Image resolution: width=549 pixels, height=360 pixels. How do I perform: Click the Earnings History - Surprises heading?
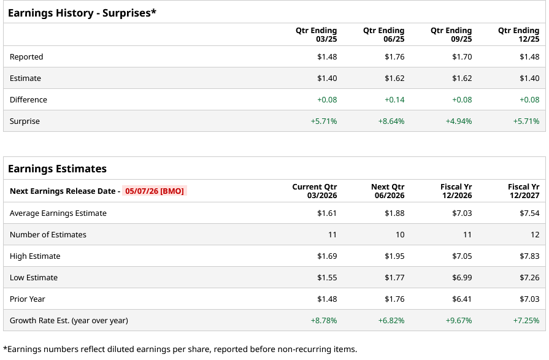click(82, 12)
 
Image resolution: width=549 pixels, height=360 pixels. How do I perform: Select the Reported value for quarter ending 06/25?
click(394, 57)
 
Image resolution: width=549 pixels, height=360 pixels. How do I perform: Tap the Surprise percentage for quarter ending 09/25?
click(459, 121)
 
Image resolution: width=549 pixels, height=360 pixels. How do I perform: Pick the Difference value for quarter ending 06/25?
click(394, 100)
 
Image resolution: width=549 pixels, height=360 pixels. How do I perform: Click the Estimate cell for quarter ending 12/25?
click(529, 79)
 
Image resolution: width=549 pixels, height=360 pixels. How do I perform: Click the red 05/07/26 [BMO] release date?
click(154, 191)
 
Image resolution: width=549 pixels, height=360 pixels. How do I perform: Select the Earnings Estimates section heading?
click(57, 169)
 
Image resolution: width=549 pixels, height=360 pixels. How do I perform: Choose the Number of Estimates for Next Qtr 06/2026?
click(399, 235)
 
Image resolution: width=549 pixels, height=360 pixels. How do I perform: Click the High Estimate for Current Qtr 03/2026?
click(327, 256)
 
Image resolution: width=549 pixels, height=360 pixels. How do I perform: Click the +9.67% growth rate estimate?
click(459, 321)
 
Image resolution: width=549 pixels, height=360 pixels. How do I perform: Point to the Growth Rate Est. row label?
click(69, 321)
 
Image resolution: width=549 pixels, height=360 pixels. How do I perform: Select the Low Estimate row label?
click(34, 278)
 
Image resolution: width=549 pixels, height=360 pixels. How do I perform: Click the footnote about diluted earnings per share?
click(180, 350)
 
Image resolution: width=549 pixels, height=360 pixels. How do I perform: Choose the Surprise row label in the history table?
click(25, 121)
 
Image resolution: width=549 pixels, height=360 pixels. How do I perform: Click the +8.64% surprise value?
click(391, 121)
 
